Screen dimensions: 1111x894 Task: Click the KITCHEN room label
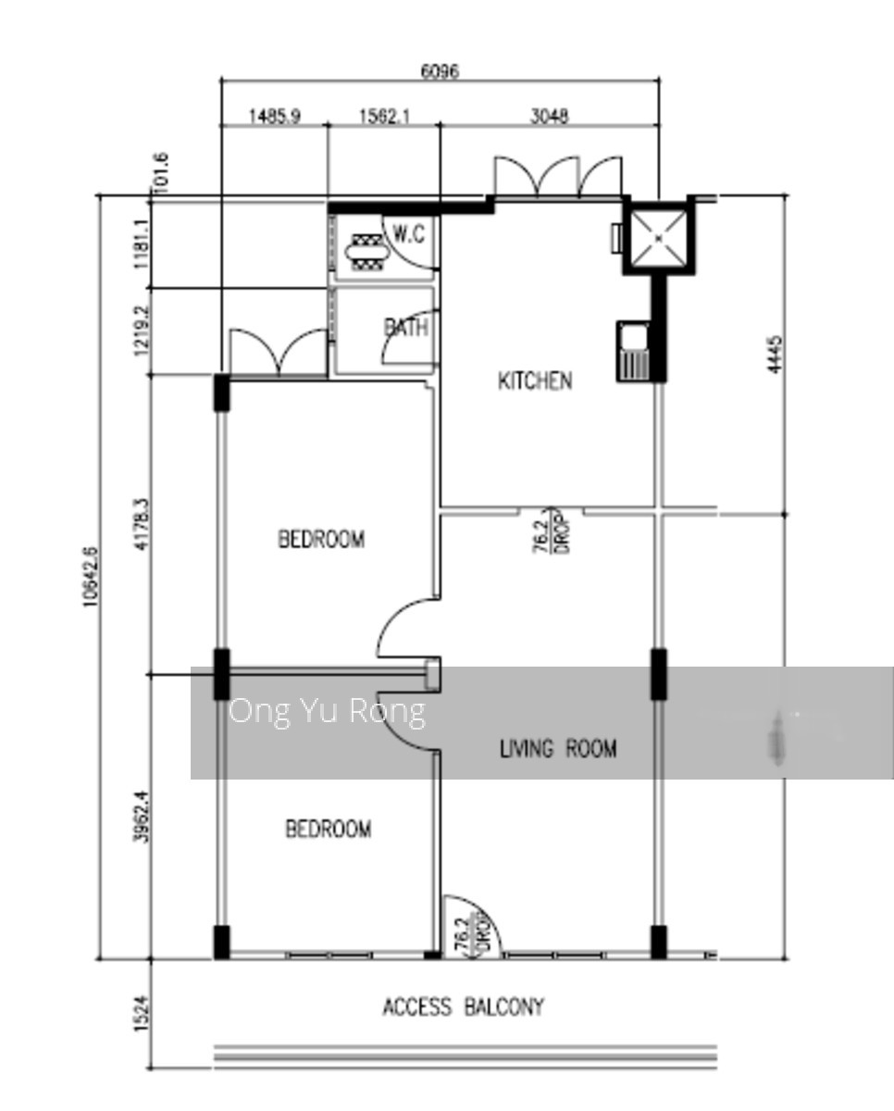click(x=535, y=381)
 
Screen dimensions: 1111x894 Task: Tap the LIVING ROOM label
click(x=557, y=748)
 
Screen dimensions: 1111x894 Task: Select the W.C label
click(x=408, y=234)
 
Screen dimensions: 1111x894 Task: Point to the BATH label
click(x=405, y=327)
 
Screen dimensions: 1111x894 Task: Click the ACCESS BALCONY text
click(x=464, y=1006)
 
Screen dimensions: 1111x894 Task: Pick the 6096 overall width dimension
click(x=440, y=71)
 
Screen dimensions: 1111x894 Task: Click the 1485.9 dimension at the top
click(x=274, y=116)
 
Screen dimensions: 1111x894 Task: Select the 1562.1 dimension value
click(x=383, y=116)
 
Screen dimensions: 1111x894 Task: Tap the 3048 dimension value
click(x=549, y=116)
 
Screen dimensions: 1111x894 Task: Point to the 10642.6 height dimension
click(x=90, y=576)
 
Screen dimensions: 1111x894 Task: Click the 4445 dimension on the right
click(x=775, y=355)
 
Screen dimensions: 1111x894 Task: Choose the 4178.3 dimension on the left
click(x=142, y=525)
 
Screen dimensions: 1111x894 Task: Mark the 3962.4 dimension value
click(x=142, y=817)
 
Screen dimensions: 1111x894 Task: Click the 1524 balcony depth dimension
click(x=142, y=1014)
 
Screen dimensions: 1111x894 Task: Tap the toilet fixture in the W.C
click(x=365, y=250)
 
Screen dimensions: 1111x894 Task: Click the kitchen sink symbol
click(x=634, y=351)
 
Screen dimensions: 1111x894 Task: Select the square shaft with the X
click(x=658, y=237)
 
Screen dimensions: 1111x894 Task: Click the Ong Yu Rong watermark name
click(x=327, y=711)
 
